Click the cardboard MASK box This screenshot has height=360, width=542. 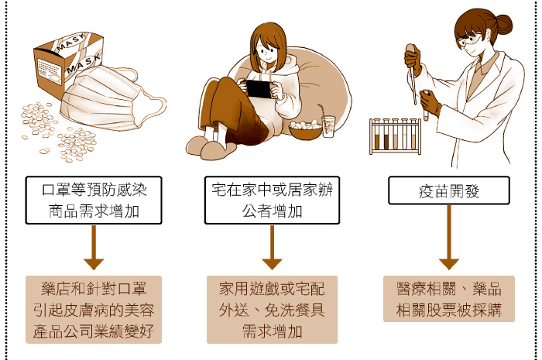click(x=67, y=64)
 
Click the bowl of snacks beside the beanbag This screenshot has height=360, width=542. click(x=306, y=130)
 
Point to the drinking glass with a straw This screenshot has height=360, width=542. click(x=328, y=125)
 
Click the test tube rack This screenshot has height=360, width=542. click(x=395, y=135)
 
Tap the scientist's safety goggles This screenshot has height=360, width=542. click(x=468, y=42)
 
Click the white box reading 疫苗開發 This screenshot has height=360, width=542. click(x=449, y=190)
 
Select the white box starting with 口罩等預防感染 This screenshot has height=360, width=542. click(x=94, y=200)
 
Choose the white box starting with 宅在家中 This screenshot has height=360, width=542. click(x=272, y=200)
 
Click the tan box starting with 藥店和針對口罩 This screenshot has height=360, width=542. click(x=94, y=310)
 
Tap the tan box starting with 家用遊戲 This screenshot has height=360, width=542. click(x=272, y=310)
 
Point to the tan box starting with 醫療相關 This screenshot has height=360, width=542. click(x=449, y=299)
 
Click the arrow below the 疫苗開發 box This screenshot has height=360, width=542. click(x=449, y=238)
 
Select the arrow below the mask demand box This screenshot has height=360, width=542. click(x=94, y=248)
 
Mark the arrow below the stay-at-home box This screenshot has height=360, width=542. click(x=272, y=248)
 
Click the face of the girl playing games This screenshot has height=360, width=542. click(x=267, y=52)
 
